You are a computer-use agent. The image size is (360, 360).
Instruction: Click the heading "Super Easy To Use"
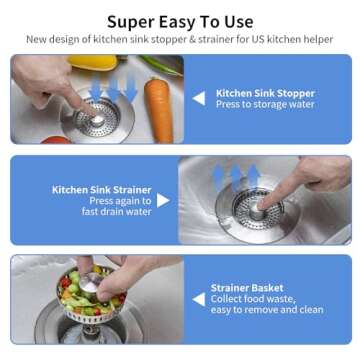pos(180,21)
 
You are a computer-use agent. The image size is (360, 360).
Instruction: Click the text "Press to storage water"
pos(265,104)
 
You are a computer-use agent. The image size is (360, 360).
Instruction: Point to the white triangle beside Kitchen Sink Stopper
pos(199,98)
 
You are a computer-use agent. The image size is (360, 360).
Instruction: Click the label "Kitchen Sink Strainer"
pos(101,189)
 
